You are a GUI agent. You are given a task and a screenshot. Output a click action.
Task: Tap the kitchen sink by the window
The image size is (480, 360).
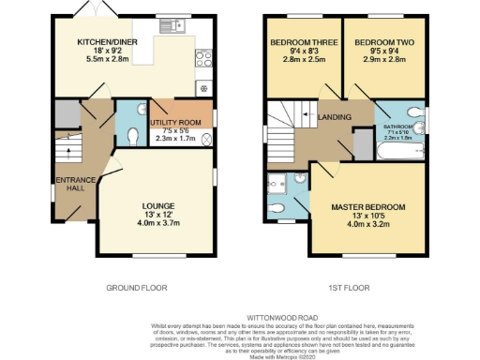pos(173,24)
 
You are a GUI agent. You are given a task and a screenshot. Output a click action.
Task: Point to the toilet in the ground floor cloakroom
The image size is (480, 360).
pos(131,135)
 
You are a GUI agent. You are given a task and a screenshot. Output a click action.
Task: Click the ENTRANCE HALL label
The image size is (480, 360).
pos(71,184)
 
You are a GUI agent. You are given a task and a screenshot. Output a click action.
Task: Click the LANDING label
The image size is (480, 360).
pos(334,116)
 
